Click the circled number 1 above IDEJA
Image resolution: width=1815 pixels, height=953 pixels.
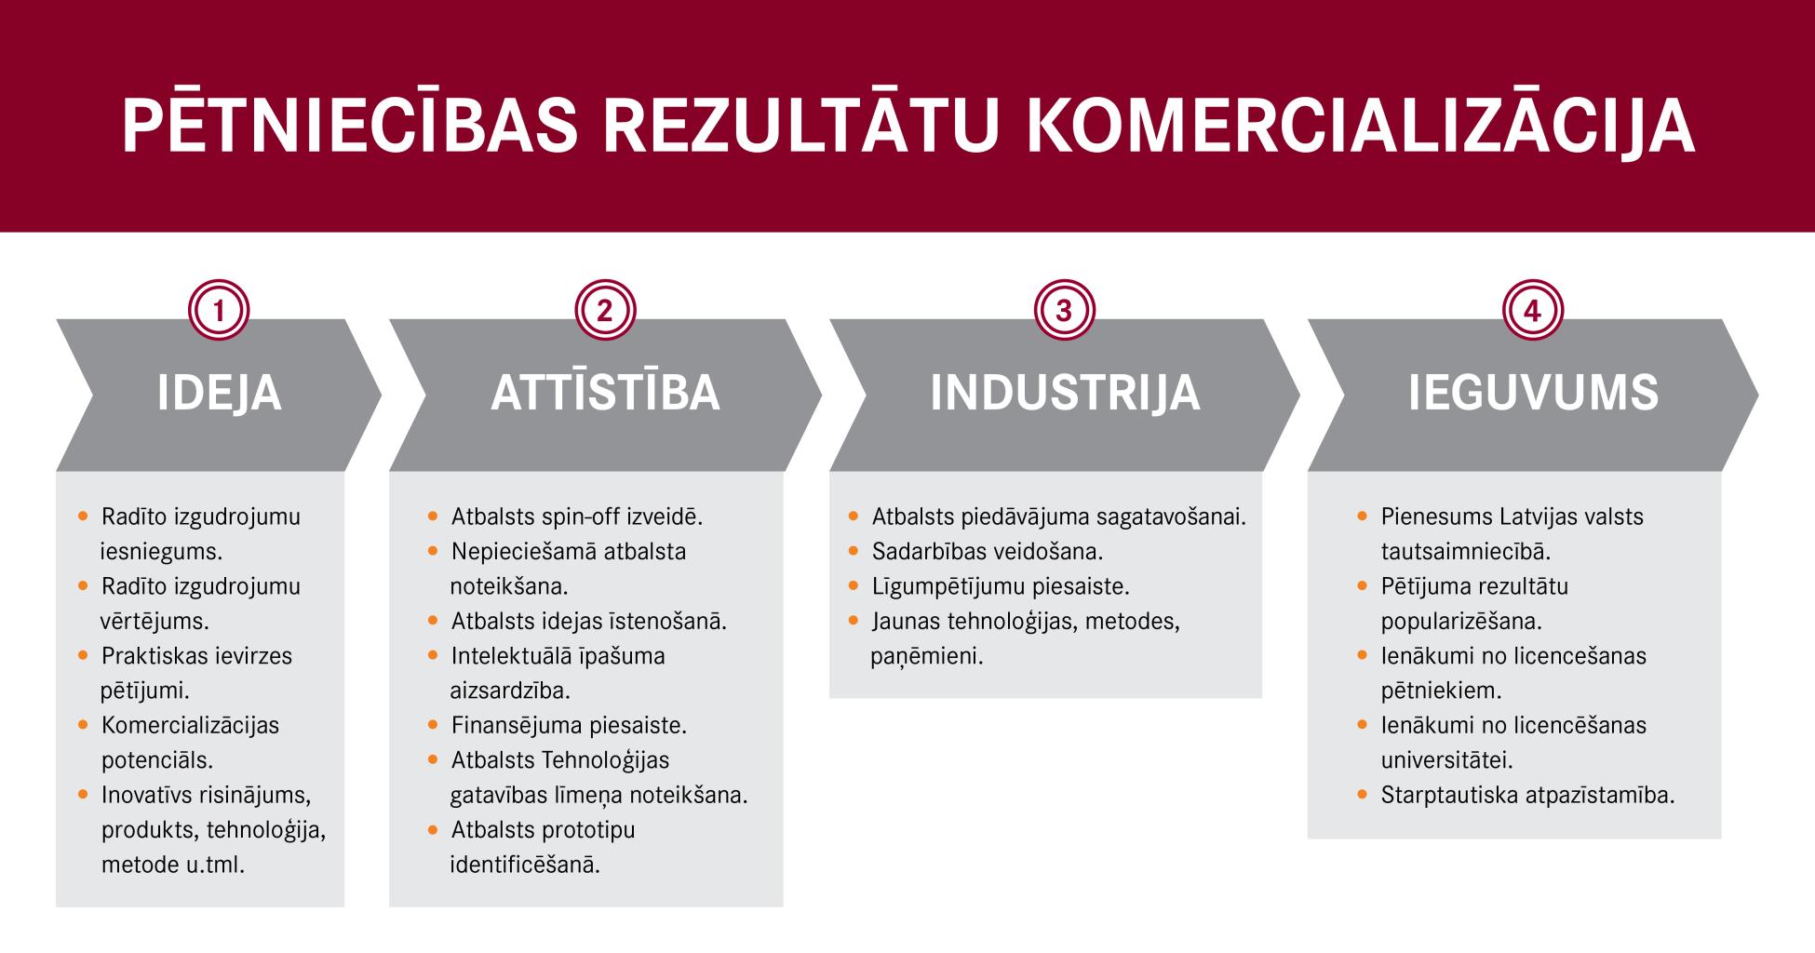(x=219, y=310)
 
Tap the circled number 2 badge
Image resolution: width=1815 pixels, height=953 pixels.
(x=605, y=310)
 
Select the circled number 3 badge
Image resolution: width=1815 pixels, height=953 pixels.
(x=1064, y=310)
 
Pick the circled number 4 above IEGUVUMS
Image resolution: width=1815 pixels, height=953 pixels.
(x=1532, y=310)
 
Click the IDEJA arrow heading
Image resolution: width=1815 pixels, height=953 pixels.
(x=220, y=393)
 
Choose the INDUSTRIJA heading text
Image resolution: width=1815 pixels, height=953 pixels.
(x=1065, y=393)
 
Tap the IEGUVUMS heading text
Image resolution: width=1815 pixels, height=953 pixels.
(x=1533, y=393)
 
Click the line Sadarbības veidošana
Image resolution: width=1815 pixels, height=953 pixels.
(x=987, y=551)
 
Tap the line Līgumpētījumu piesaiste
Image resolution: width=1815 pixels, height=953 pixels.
(x=1000, y=587)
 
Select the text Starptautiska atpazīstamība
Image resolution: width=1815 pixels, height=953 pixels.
(x=1527, y=796)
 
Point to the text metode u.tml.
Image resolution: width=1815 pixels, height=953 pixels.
(x=173, y=865)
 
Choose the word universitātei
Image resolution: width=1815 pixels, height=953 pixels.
(x=1446, y=760)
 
